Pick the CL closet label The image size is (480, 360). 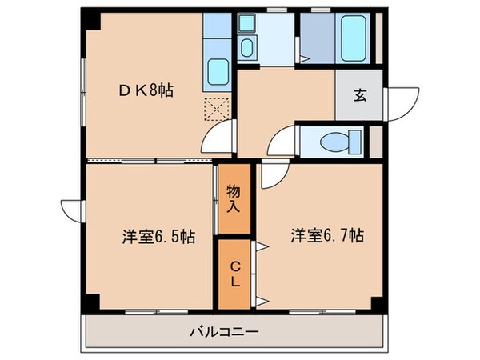(234, 273)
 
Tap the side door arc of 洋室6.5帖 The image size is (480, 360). (70, 210)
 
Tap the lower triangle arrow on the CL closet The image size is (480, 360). (262, 300)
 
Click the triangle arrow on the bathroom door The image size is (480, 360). (302, 56)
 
